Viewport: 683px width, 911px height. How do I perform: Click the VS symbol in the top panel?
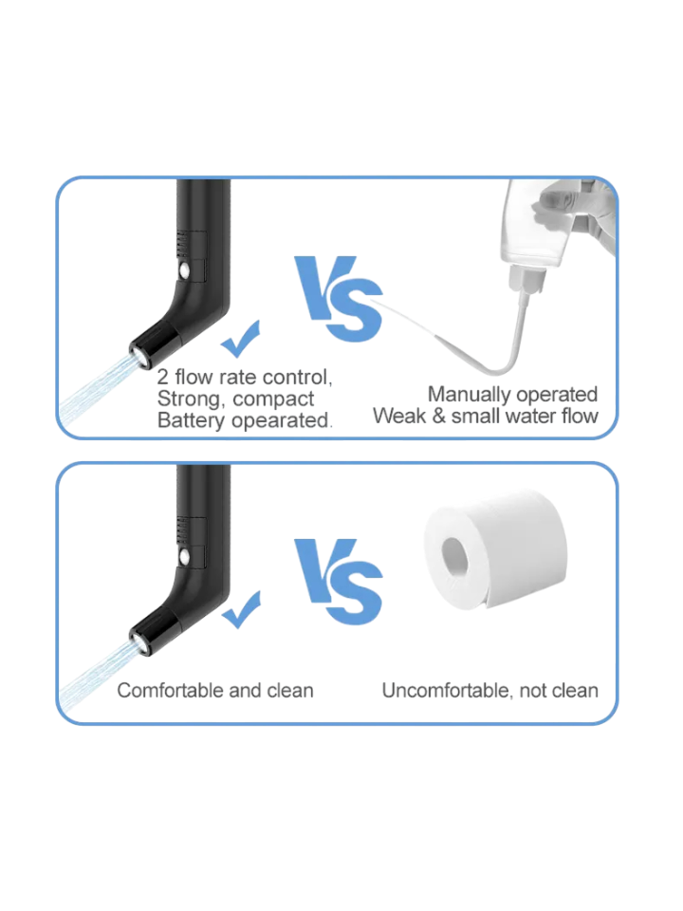339,298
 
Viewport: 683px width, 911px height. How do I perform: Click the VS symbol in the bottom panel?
339,581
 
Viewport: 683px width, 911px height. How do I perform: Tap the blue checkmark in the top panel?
240,340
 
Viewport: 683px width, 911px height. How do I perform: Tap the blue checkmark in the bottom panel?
241,610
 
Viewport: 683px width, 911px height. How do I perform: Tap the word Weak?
399,416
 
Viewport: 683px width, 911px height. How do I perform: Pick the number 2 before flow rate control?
162,377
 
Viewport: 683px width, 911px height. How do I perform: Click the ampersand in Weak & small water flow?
438,416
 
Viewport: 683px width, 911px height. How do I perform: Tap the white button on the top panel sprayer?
185,270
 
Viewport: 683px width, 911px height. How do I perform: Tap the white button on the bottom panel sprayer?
185,557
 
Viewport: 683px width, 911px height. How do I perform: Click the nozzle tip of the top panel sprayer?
140,355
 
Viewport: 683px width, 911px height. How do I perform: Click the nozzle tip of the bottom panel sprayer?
140,642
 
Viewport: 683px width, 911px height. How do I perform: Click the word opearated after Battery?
281,420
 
